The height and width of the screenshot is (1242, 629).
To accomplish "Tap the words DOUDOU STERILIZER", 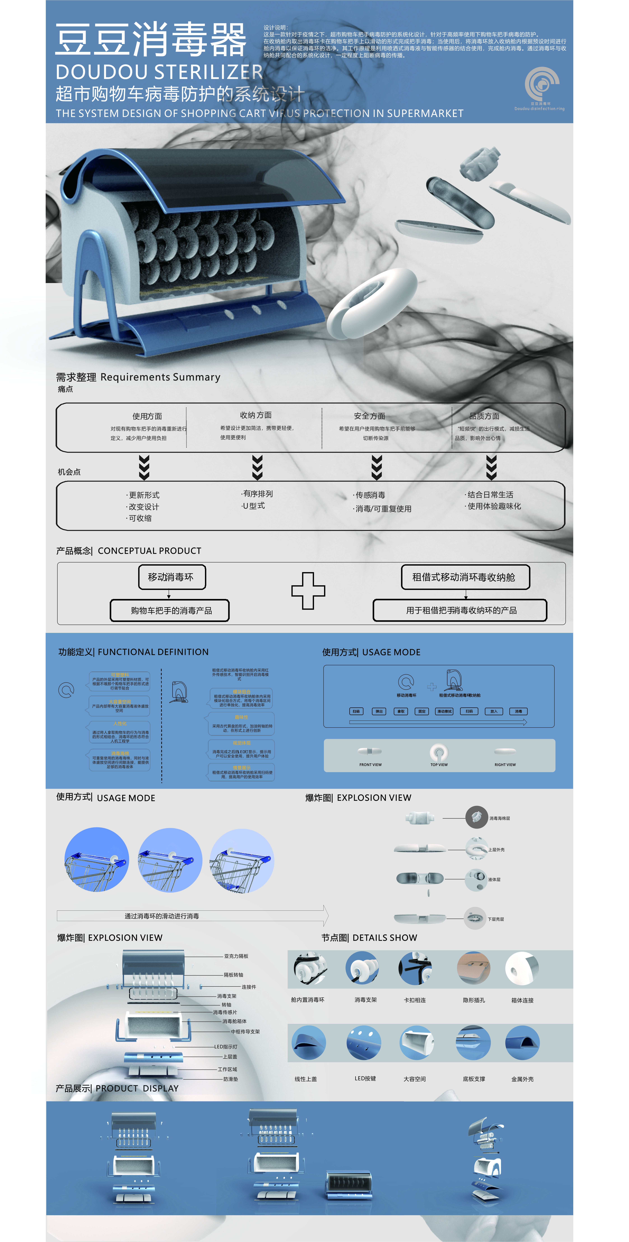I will coord(159,72).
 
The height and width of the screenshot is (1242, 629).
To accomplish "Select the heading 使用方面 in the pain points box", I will coord(147,416).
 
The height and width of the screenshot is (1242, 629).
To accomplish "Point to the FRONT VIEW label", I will coord(370,765).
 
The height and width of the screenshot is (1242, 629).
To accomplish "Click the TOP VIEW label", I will coord(439,765).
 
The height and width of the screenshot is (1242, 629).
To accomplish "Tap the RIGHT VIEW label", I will coord(505,765).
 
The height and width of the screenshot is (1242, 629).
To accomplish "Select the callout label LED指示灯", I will coord(226,1047).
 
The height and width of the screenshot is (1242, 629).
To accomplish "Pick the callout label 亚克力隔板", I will coord(236,956).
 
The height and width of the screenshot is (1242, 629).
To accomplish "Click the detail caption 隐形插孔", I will coord(474,1000).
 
